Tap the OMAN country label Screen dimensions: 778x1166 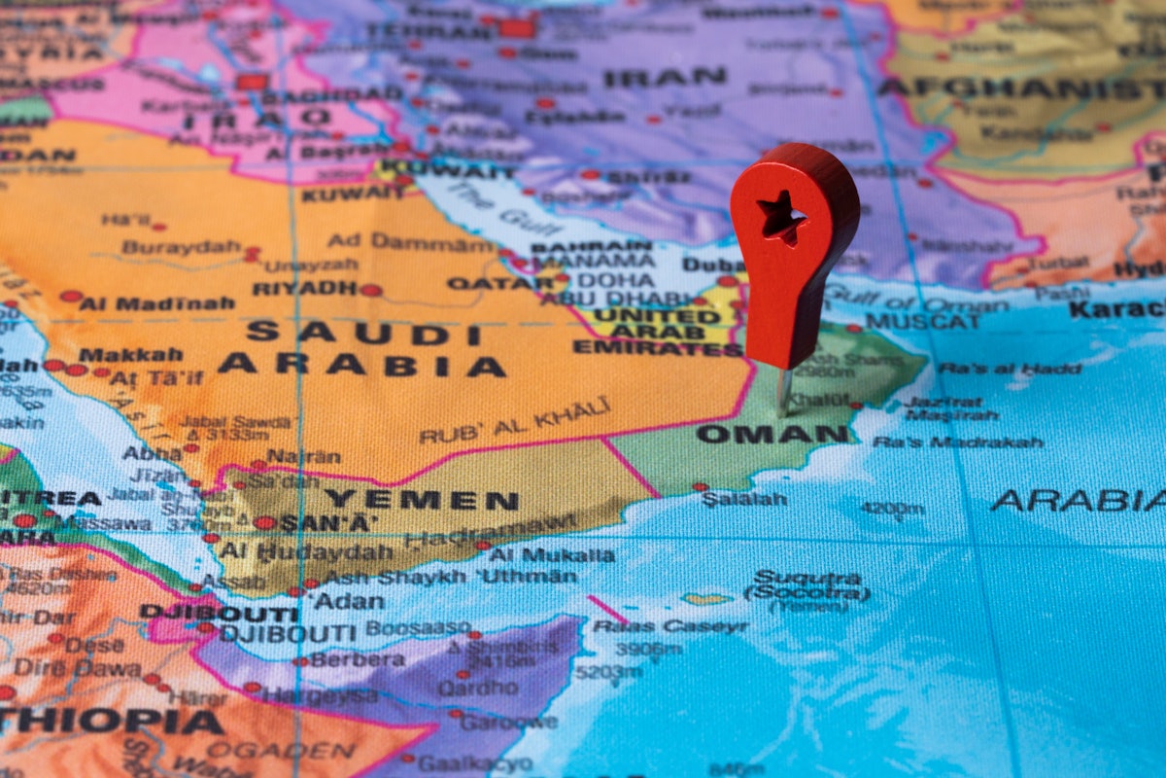759,434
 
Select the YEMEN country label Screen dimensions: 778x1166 421,501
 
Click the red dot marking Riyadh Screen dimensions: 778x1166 370,290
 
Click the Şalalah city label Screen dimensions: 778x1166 744,499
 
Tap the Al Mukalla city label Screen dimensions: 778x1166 551,555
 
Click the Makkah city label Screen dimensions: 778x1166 130,354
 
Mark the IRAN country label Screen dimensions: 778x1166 665,77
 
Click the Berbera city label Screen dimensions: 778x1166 359,659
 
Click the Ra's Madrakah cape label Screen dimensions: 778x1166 957,442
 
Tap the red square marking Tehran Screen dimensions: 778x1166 517,28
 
